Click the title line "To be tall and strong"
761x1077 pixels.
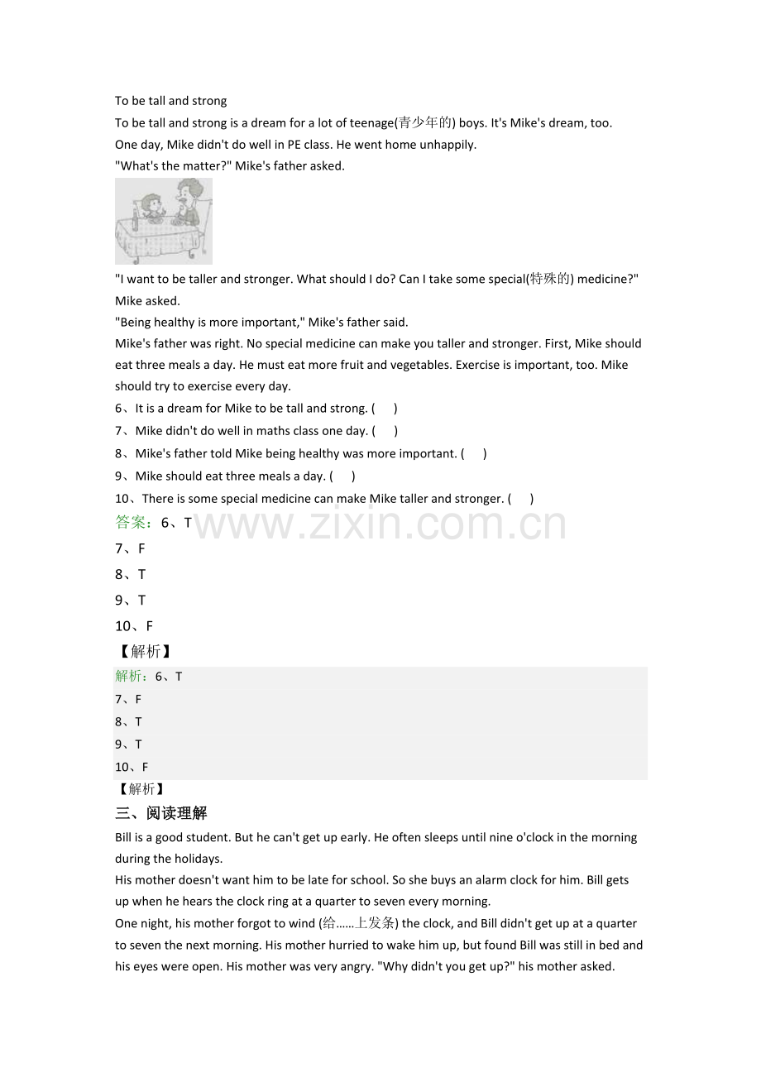pyautogui.click(x=170, y=101)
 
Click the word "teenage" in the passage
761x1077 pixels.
pyautogui.click(x=372, y=123)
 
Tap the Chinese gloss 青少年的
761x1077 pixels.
pyautogui.click(x=424, y=123)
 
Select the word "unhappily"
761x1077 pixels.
pyautogui.click(x=448, y=145)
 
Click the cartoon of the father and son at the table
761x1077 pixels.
pyautogui.click(x=164, y=221)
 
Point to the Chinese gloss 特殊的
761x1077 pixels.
pyautogui.click(x=550, y=280)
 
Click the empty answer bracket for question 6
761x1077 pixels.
pyautogui.click(x=385, y=409)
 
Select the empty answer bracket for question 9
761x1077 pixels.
pyautogui.click(x=342, y=476)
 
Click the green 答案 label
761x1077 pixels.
pyautogui.click(x=132, y=523)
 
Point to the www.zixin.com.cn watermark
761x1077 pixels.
pyautogui.click(x=380, y=524)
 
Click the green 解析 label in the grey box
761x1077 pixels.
pyautogui.click(x=130, y=677)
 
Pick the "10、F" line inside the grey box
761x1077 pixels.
pyautogui.click(x=132, y=768)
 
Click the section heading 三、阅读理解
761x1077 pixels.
pyautogui.click(x=161, y=813)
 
